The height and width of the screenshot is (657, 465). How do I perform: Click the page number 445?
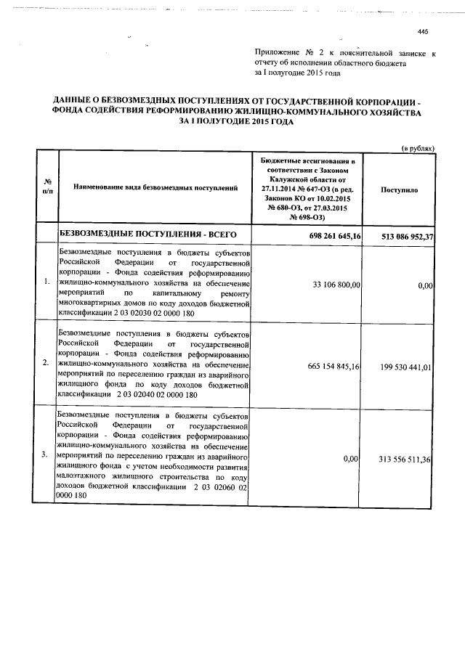point(424,31)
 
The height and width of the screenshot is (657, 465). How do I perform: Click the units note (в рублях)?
point(418,147)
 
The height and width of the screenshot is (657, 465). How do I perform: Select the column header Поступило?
point(399,188)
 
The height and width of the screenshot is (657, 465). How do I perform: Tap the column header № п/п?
point(46,188)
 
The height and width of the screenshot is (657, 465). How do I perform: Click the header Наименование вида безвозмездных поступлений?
point(156,188)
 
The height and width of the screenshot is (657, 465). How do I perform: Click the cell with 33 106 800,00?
point(336,286)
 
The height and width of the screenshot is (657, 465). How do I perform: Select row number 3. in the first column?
point(46,454)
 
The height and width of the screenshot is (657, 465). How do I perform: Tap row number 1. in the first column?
point(46,281)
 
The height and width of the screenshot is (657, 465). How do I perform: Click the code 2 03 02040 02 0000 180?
point(152,395)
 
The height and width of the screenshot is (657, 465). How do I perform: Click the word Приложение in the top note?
point(277,53)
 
